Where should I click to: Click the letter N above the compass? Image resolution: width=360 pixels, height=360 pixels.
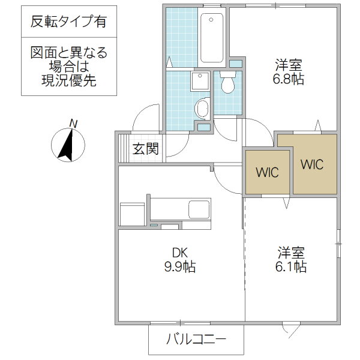coord(73,124)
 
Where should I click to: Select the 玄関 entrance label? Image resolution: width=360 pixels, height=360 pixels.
coord(146,148)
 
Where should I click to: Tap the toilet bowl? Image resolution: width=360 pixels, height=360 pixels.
coord(227,83)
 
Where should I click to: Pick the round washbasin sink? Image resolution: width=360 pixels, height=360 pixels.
coord(202,109)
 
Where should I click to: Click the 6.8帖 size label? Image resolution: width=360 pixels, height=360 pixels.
coord(289,79)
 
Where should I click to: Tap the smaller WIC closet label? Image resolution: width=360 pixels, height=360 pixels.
coord(267,173)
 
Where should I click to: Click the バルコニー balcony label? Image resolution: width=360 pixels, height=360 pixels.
coord(196,341)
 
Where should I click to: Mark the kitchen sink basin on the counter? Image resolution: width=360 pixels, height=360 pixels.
coord(199,209)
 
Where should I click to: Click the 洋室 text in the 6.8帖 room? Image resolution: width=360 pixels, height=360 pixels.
coord(289,64)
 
